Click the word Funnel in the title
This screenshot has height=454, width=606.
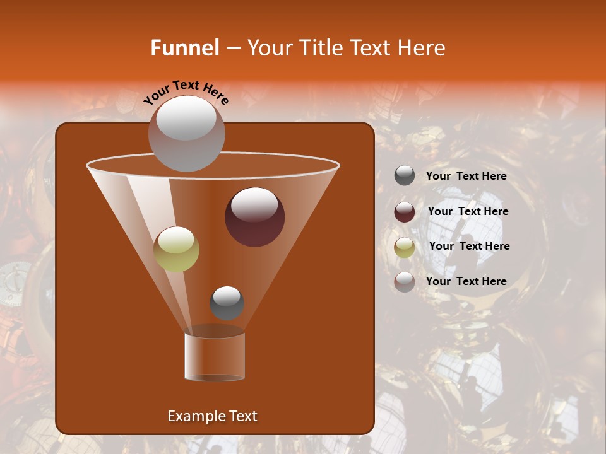click(184, 48)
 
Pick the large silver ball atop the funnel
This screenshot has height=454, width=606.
click(186, 133)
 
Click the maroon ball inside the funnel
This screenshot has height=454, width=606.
click(254, 216)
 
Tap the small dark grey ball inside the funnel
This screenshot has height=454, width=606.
click(227, 303)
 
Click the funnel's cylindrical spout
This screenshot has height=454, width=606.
click(215, 356)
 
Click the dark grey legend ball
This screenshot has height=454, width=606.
click(405, 176)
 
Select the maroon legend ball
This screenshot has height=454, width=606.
click(405, 211)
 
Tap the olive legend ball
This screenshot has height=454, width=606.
click(405, 247)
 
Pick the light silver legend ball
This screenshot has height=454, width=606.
click(405, 281)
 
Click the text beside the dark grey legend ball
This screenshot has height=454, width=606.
click(466, 176)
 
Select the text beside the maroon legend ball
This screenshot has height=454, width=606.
click(468, 211)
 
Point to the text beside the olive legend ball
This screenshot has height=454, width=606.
click(469, 246)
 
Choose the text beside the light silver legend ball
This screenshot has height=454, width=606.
click(466, 281)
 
